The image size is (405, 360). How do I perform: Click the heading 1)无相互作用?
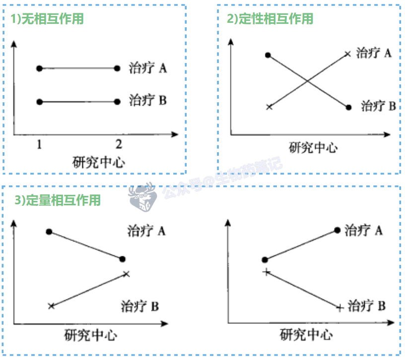tap(48, 19)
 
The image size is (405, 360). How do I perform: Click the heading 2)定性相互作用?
tap(270, 19)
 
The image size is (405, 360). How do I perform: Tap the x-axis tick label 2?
tap(118, 144)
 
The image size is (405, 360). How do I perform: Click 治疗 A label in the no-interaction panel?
tap(147, 68)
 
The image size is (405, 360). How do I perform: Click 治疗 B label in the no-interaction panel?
tap(147, 101)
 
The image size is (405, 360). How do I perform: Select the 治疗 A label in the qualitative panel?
tap(374, 53)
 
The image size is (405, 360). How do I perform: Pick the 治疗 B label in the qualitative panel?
tap(378, 106)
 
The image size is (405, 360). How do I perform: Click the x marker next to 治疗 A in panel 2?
tap(347, 54)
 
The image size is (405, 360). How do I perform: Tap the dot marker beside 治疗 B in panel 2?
tap(349, 107)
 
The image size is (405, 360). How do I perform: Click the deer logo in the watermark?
tap(142, 198)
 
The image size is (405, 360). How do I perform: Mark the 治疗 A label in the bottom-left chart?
tap(146, 231)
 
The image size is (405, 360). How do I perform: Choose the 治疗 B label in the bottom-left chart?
tap(139, 306)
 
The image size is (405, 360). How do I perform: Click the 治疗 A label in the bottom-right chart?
tap(364, 230)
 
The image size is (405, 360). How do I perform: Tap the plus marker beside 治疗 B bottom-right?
tap(339, 308)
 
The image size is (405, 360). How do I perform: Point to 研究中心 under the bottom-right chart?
tap(306, 335)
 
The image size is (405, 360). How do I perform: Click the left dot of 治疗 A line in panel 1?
tap(40, 68)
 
